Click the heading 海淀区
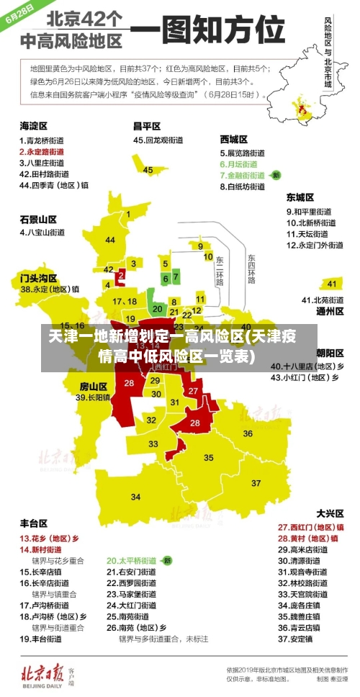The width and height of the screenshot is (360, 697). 34,125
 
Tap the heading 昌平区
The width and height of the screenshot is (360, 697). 146,126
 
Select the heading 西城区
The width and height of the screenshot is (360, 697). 233,139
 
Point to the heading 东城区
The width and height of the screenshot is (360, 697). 300,197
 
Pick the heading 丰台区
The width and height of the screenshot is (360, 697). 34,523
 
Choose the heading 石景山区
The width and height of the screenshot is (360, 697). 38,219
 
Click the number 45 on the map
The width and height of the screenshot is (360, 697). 148,170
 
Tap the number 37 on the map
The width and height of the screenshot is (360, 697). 256,482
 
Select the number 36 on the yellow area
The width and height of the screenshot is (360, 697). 247,433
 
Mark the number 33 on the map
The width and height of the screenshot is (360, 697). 153,444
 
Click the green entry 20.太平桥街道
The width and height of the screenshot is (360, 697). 132,559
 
